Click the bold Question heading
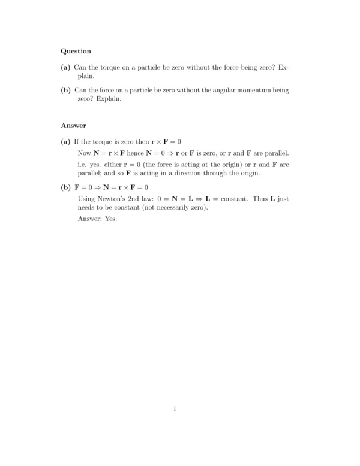pyautogui.click(x=76, y=52)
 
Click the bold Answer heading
pyautogui.click(x=74, y=126)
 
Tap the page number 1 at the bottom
pyautogui.click(x=175, y=410)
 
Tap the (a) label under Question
pyautogui.click(x=66, y=68)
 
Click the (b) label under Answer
pyautogui.click(x=66, y=187)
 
